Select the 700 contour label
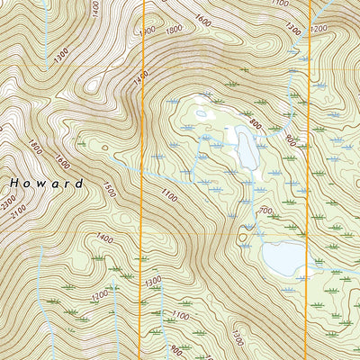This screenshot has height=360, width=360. point(265,211)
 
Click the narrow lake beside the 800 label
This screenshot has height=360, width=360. point(243,148)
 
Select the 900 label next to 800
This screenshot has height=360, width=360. point(290,139)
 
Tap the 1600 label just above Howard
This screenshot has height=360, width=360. point(62,162)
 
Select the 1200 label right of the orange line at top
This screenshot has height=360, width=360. point(319,29)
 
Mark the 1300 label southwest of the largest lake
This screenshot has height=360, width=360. point(237,337)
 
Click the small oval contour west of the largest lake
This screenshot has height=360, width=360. point(242,238)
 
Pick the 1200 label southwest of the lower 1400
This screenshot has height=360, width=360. point(99,294)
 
